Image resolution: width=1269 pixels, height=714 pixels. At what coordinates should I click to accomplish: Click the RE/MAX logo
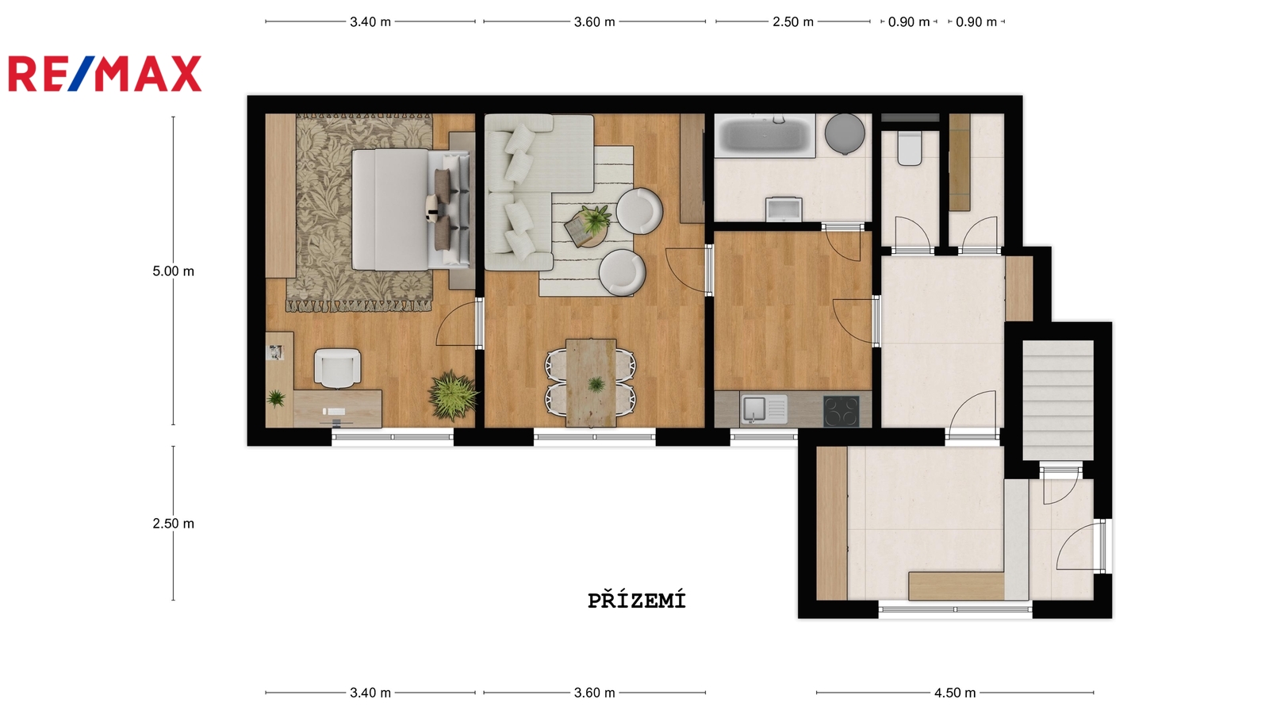105,74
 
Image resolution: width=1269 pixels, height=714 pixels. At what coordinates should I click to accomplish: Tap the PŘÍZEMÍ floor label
637,600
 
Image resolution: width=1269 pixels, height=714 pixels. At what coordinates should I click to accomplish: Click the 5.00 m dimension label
174,271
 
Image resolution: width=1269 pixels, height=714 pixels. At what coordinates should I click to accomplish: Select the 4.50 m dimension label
955,693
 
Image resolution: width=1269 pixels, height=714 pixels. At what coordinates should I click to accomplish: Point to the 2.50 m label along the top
793,22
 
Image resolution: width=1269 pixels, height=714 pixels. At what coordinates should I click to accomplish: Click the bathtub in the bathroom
765,136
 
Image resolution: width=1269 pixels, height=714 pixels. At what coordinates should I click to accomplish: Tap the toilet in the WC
910,148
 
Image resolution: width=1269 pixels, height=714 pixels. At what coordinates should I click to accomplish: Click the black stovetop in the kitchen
842,411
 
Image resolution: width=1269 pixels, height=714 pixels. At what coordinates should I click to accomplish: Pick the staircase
1058,400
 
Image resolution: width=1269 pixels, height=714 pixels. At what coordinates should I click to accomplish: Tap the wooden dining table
591,382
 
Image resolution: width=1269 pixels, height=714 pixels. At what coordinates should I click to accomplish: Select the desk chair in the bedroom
338,368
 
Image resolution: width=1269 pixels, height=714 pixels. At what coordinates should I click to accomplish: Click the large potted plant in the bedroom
453,394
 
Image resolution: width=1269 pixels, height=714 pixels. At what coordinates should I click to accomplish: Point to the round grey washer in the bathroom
845,134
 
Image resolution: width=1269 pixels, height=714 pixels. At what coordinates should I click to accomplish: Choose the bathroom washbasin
784,209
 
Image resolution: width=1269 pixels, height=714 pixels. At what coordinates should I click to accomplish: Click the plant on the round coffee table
595,219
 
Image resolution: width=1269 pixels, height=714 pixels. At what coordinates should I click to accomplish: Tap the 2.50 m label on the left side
174,524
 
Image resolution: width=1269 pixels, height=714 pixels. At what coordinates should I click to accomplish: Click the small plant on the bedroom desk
276,398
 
